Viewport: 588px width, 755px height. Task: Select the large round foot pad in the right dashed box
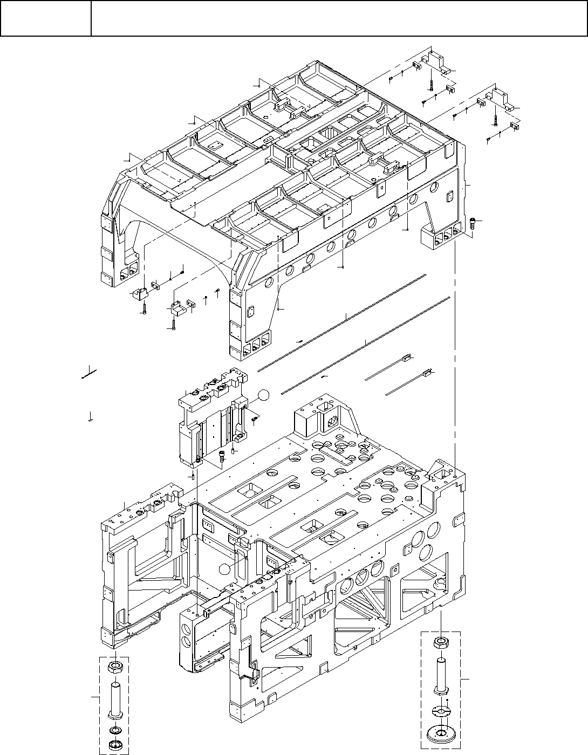coord(441,734)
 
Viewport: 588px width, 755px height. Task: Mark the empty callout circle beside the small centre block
coord(262,395)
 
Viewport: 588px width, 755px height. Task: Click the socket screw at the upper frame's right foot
coord(473,222)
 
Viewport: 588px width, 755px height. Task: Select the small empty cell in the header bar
coord(45,18)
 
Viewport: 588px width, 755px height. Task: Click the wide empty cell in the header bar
coord(339,18)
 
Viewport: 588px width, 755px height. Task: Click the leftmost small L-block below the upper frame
coord(139,294)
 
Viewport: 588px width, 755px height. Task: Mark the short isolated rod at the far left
coord(88,373)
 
